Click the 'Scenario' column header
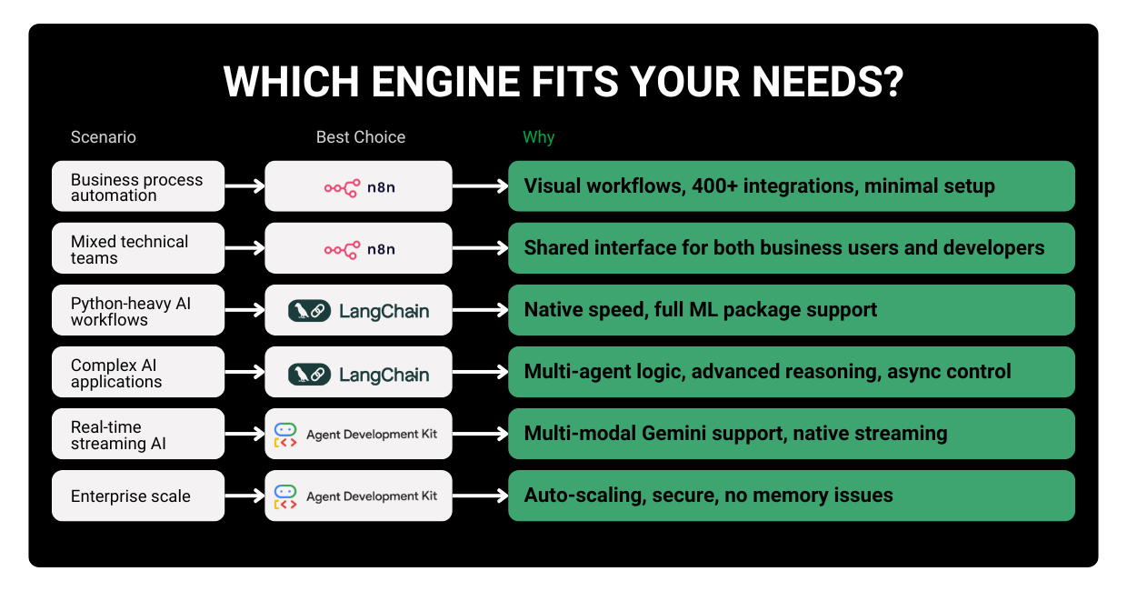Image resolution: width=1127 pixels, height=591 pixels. point(104,137)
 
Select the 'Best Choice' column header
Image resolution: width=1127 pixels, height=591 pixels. point(361,137)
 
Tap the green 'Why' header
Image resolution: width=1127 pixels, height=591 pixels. point(538,137)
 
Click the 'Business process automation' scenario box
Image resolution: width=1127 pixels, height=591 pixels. point(138,186)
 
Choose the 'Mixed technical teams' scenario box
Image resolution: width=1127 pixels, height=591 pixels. point(138,248)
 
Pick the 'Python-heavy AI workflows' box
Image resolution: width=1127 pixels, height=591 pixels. point(138,310)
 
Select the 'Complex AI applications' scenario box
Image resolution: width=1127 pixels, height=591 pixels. point(138,372)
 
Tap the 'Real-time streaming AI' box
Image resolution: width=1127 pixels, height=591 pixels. point(138,434)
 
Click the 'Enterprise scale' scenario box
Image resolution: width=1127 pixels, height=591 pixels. point(138,496)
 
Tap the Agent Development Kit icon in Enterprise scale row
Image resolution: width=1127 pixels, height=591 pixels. point(285,496)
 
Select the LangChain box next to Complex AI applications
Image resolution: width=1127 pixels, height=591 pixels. point(358,372)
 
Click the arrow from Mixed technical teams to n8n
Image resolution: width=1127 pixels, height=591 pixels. point(244,248)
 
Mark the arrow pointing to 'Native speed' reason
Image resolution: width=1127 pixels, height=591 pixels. point(480,310)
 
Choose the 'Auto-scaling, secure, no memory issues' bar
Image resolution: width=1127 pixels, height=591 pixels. point(791,496)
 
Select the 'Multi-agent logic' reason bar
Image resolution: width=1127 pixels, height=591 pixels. point(791,372)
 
